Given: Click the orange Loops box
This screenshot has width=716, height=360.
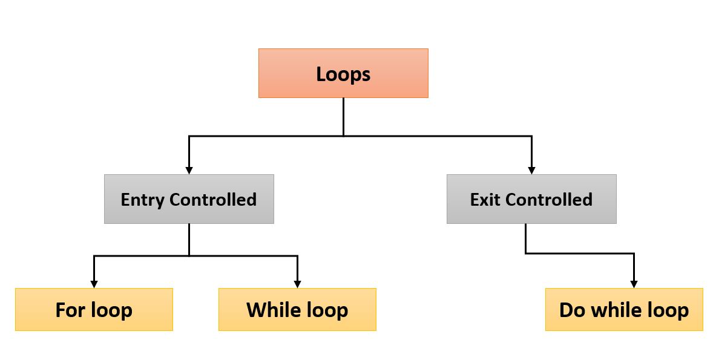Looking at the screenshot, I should tap(343, 73).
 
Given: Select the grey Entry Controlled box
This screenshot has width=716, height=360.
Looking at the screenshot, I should tap(189, 199).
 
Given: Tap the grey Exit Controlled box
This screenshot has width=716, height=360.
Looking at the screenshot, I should tap(531, 199).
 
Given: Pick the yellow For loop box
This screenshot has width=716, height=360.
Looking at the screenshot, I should tap(94, 310).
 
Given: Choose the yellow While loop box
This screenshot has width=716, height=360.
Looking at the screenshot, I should tap(297, 310).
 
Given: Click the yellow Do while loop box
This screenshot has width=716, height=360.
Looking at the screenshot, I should tap(624, 310).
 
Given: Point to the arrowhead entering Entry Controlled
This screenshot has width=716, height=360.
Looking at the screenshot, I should tap(189, 171).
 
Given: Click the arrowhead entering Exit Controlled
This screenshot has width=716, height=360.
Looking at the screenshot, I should tap(531, 171).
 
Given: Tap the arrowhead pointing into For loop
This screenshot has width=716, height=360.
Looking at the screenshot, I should tap(94, 284).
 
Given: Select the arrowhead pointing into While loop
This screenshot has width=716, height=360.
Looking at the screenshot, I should tap(297, 284).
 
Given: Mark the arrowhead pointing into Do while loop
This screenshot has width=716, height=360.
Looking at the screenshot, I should tap(634, 284).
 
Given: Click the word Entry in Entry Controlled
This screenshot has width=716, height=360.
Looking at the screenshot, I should tap(143, 200).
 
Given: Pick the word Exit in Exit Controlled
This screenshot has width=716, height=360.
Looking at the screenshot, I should tap(485, 200).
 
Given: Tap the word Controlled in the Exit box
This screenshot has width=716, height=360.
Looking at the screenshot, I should tap(549, 200).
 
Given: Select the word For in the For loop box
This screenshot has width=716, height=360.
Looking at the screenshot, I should tap(70, 310).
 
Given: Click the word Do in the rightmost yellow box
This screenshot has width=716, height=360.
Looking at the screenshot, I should tap(573, 310).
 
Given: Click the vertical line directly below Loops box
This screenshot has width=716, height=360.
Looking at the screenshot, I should tap(343, 116).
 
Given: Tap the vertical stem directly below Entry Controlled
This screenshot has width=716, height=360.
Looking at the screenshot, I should tap(189, 239).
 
